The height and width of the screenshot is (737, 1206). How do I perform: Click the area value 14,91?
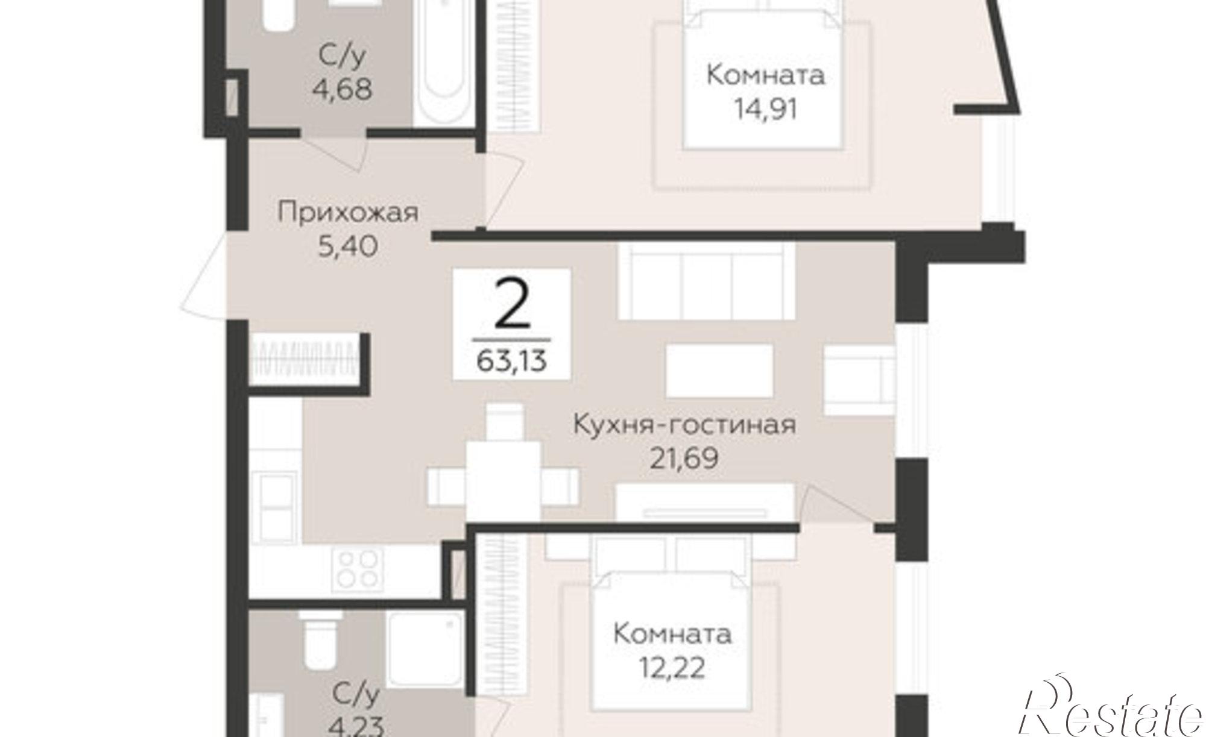point(765,110)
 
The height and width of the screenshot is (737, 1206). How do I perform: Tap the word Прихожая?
point(348,213)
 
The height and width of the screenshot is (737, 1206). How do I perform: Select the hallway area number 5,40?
point(347,246)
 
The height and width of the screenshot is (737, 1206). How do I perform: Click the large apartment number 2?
point(511,306)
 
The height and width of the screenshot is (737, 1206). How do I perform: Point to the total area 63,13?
point(511,361)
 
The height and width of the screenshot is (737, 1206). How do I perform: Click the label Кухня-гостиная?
point(684,424)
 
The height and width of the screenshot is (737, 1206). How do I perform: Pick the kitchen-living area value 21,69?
point(684,459)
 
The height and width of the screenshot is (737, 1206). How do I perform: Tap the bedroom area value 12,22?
point(672,668)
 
